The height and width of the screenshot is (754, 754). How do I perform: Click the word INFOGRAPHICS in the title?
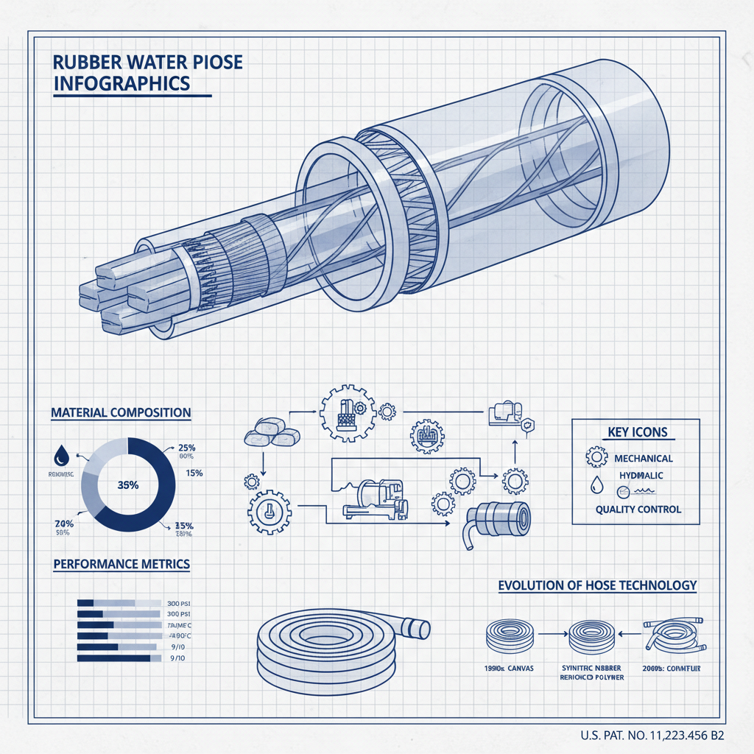[x=122, y=83]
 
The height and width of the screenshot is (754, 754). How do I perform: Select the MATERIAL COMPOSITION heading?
[x=121, y=413]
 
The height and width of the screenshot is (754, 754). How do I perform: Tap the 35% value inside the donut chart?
[x=129, y=485]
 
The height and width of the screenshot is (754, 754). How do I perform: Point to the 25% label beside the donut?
[x=187, y=448]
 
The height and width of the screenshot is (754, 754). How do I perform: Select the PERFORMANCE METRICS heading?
[x=121, y=564]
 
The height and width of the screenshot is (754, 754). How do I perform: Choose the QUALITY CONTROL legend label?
[x=638, y=509]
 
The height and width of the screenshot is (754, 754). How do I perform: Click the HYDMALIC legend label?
[x=638, y=476]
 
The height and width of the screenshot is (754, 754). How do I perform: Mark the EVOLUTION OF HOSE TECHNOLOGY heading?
[x=597, y=585]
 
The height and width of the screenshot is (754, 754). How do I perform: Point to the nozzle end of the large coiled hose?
[x=417, y=628]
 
